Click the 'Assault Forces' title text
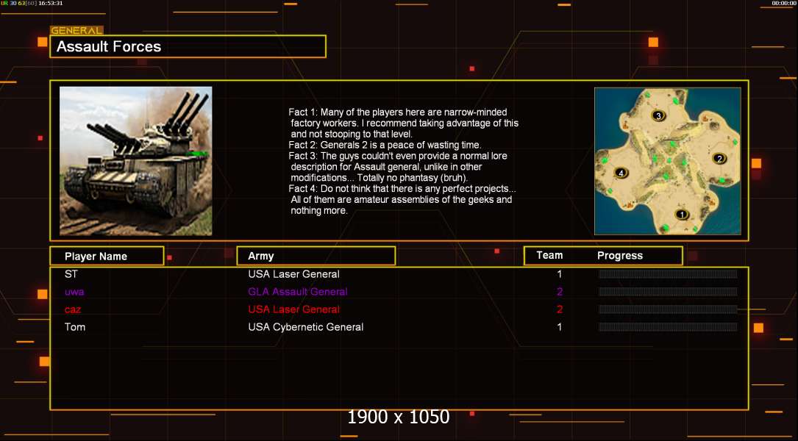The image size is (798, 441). [x=109, y=47]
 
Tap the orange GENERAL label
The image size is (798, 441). [x=76, y=31]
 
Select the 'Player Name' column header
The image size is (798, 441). [x=96, y=257]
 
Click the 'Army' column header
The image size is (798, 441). [x=260, y=256]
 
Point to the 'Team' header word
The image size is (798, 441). [x=549, y=255]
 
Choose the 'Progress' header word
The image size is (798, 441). [x=620, y=256]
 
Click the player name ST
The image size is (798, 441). [x=71, y=274]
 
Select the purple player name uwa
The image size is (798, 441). [x=74, y=292]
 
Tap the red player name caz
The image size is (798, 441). [x=73, y=309]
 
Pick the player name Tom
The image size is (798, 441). [x=75, y=327]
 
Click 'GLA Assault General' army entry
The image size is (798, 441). [x=298, y=292]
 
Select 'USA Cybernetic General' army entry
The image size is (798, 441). [x=306, y=327]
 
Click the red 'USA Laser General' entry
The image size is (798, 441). [x=293, y=309]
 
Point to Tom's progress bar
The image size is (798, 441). [x=668, y=327]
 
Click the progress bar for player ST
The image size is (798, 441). [x=668, y=274]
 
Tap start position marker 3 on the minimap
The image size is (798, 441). [x=658, y=116]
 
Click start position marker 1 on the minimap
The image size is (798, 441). [x=682, y=215]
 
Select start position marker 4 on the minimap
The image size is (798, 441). [x=621, y=173]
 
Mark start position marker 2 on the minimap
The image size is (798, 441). [x=719, y=159]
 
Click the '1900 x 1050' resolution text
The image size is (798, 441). [x=399, y=417]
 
